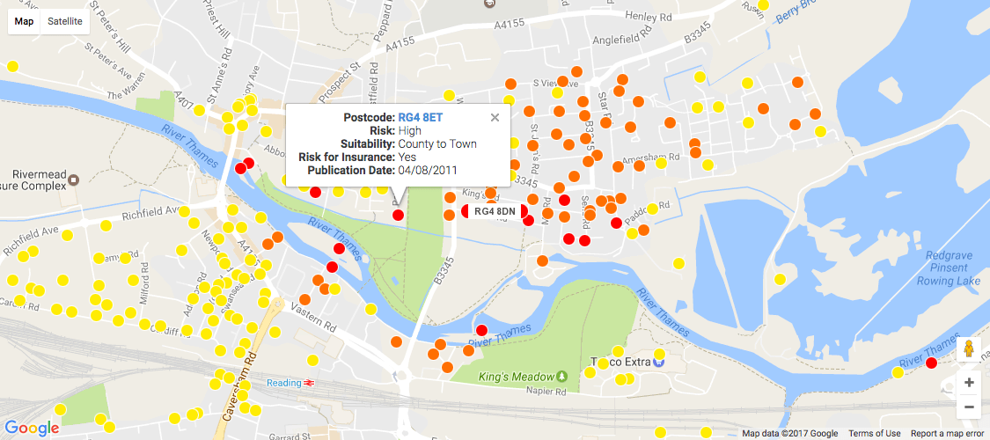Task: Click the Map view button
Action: pyautogui.click(x=24, y=20)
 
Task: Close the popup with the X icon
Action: pyautogui.click(x=495, y=117)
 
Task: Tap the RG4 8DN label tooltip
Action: pyautogui.click(x=494, y=211)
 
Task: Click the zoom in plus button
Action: pyautogui.click(x=969, y=383)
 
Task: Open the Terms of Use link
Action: pyautogui.click(x=874, y=433)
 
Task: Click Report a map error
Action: pyautogui.click(x=947, y=433)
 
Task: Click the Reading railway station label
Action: pyautogui.click(x=285, y=383)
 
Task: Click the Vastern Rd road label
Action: pyautogui.click(x=319, y=323)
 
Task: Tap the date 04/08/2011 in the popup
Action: pyautogui.click(x=427, y=170)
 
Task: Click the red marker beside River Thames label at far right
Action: pyautogui.click(x=931, y=363)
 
